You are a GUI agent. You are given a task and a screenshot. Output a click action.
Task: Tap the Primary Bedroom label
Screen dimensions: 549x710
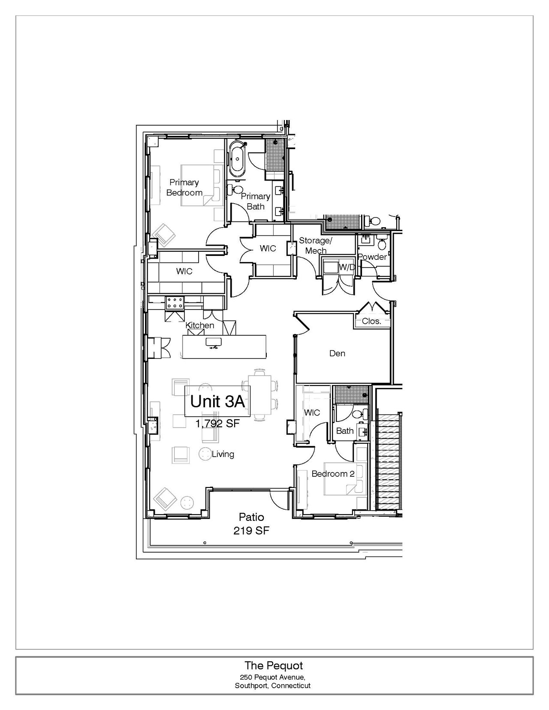[184, 187]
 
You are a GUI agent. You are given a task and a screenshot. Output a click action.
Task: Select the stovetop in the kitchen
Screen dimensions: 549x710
[175, 302]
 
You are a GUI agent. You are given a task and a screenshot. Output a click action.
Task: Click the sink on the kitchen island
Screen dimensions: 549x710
[214, 343]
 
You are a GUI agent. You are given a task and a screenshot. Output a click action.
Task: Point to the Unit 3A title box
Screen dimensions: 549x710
[217, 401]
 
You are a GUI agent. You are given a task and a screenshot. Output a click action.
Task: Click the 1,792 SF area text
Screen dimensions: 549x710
[217, 424]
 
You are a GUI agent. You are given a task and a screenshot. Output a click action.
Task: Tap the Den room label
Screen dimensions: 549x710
[337, 353]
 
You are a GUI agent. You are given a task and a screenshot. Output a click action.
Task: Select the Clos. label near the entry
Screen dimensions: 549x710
[371, 321]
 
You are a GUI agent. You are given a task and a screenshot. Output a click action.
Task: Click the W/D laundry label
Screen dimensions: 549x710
[347, 267]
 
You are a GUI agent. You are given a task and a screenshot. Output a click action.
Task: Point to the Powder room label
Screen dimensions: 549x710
[372, 257]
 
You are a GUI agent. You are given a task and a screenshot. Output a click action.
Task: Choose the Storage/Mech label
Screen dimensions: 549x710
[316, 245]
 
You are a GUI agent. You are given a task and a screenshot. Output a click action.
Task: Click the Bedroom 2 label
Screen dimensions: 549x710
[333, 474]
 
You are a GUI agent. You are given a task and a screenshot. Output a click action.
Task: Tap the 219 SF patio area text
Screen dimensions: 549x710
[251, 531]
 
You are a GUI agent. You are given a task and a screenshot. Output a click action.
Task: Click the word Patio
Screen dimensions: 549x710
[251, 517]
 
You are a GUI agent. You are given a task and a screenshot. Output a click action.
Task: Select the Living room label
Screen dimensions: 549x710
[223, 454]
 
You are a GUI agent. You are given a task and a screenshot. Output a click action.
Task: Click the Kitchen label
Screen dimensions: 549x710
[200, 325]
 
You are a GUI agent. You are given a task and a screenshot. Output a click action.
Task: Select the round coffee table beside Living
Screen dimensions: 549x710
[205, 454]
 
